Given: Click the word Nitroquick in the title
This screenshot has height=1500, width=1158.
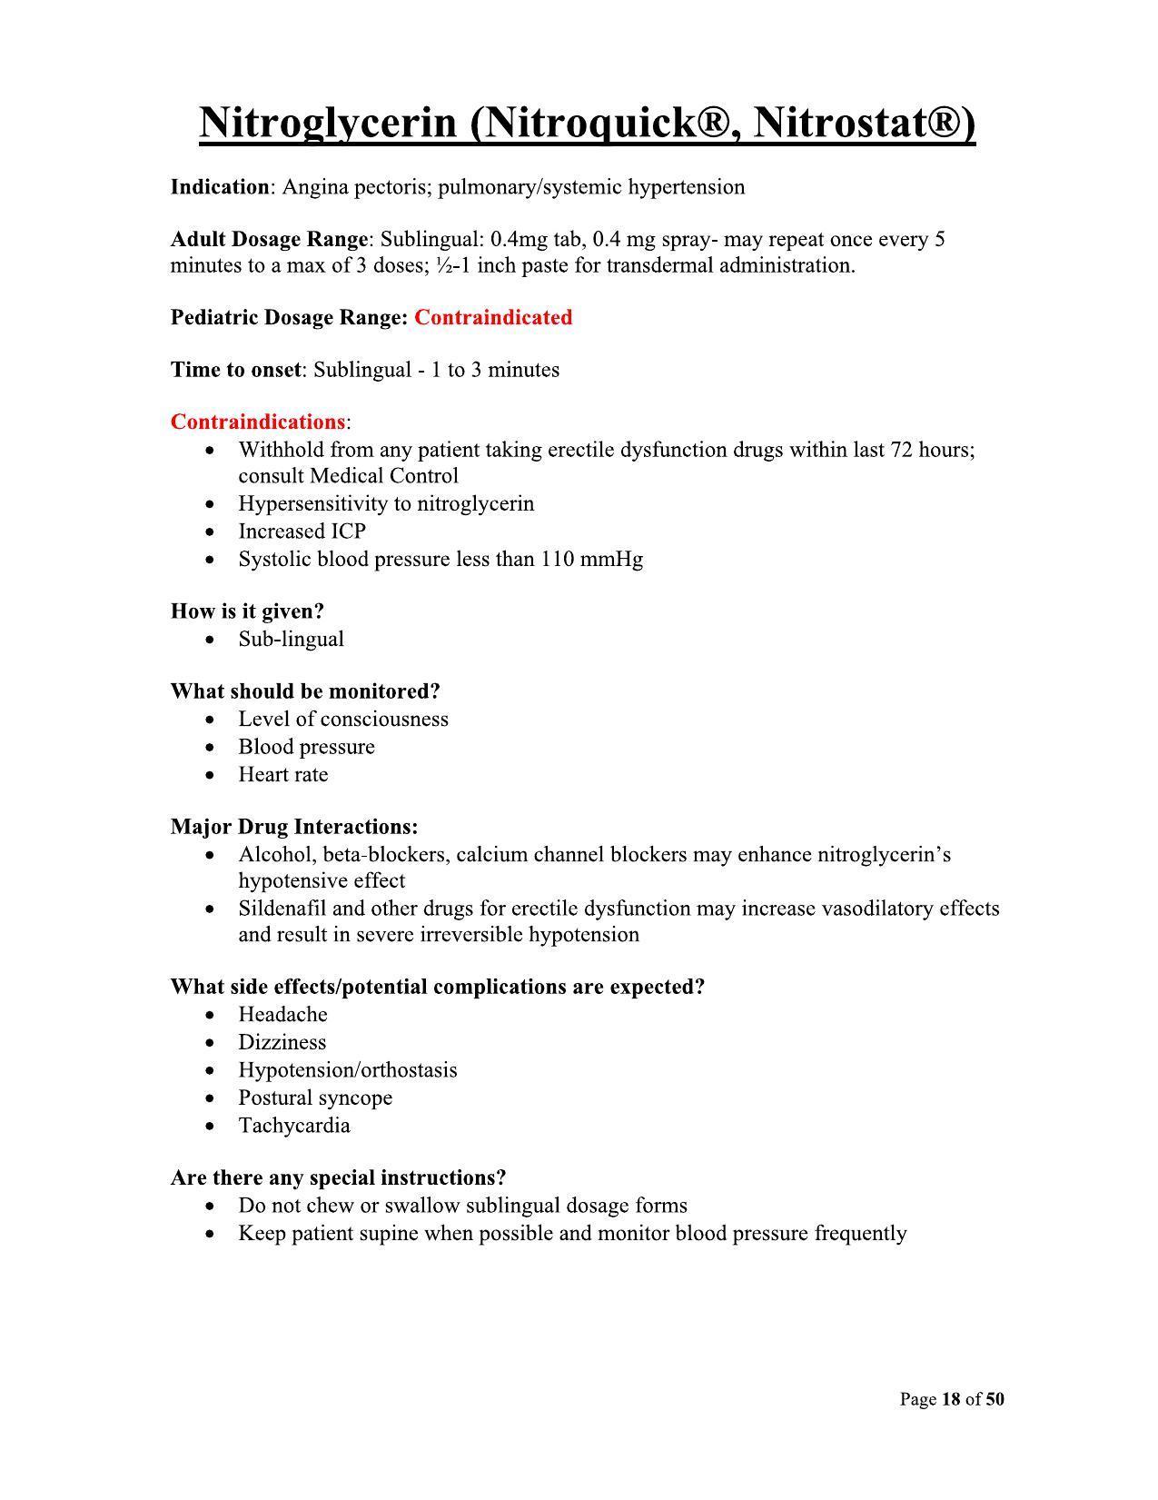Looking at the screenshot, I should tap(590, 123).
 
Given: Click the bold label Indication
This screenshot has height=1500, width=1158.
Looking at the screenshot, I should tap(220, 187).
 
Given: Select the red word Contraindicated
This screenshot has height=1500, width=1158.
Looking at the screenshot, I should tap(493, 317).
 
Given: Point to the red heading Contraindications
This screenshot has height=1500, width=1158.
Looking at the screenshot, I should tap(258, 422).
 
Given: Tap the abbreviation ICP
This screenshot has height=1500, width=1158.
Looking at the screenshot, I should tap(347, 531).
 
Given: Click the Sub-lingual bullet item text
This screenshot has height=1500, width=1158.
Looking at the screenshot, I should tap(291, 639).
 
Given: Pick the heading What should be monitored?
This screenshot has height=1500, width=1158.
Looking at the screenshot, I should tap(305, 691).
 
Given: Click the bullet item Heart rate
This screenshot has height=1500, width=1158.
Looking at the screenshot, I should tap(282, 775).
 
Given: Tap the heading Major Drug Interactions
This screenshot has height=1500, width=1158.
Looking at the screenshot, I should tap(294, 827).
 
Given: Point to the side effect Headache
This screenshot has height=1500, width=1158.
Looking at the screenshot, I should tap(282, 1015).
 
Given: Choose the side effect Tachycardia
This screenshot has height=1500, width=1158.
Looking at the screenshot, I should tap(293, 1126).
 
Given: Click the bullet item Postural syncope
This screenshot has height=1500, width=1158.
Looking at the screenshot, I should tap(315, 1098).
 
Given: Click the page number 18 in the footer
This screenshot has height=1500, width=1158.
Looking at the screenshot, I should tap(951, 1399).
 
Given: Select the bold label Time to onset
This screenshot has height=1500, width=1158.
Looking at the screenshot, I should tap(235, 370).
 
